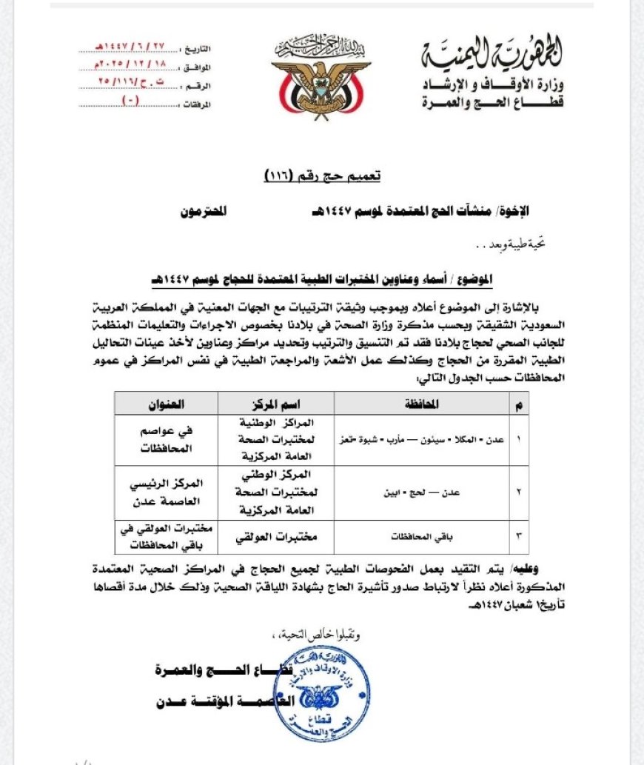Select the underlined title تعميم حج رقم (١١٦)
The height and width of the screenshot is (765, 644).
point(323,176)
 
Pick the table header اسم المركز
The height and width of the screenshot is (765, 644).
point(275,404)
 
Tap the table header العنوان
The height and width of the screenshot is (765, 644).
point(166,404)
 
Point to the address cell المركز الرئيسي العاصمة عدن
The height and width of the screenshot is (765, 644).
point(166,491)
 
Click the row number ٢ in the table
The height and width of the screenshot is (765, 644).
point(517,491)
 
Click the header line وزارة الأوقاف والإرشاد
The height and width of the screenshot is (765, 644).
point(493,83)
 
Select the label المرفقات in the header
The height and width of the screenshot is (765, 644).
point(198,105)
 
